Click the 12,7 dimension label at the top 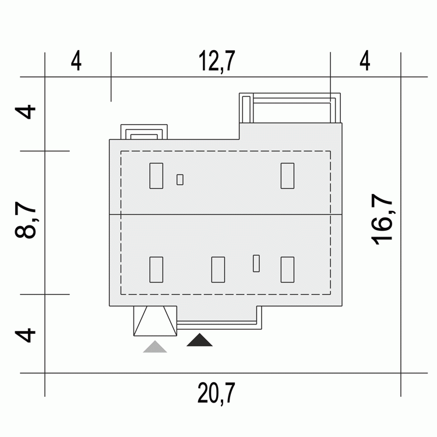217,61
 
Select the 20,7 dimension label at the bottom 216,393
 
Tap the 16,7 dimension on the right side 382,219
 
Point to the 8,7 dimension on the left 26,220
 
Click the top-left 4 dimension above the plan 76,61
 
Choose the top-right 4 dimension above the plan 365,61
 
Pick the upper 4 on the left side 26,112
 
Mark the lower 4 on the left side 26,335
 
